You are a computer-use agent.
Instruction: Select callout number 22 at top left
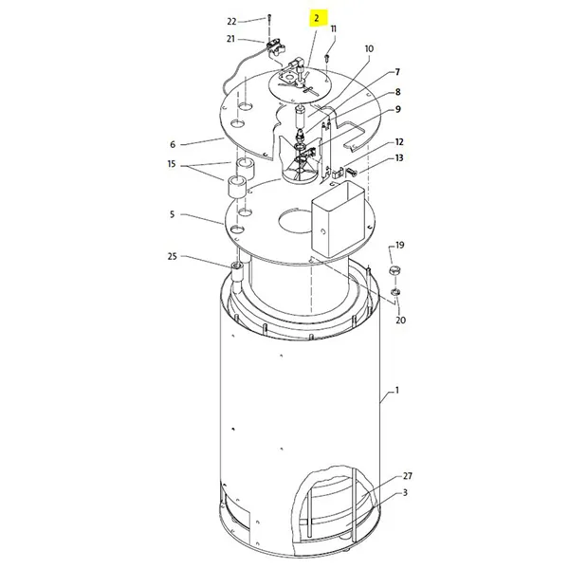coord(232,20)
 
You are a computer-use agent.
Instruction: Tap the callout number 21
coord(230,39)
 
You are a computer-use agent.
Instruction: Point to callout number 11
coord(333,29)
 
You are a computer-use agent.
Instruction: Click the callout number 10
coord(369,48)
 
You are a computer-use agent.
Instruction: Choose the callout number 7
coord(397,72)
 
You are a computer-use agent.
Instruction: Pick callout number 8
coord(397,92)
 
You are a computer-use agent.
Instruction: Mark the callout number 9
coord(397,110)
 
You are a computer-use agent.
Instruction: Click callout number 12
coord(399,141)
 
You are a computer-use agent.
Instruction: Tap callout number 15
coord(173,164)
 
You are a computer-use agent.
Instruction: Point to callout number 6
coord(173,144)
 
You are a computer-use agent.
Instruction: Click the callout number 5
coord(173,214)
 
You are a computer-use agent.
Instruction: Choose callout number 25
coord(173,257)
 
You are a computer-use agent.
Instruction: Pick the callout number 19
coord(399,245)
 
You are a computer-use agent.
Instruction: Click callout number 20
coord(399,321)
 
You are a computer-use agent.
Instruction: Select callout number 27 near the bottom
coord(408,476)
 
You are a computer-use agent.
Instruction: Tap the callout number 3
coord(405,493)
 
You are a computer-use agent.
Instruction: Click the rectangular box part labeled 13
coord(337,221)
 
